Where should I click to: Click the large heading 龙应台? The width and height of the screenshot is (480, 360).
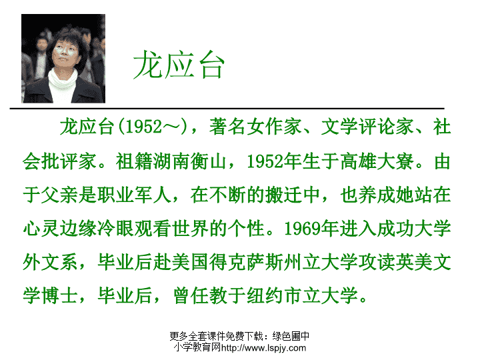coord(179,65)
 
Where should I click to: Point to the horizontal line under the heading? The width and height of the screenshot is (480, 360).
coord(227,109)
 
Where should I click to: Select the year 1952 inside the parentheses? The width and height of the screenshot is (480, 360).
coord(143,126)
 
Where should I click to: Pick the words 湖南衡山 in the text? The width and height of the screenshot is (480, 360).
coord(190,161)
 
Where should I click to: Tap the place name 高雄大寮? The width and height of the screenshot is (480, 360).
coord(377,161)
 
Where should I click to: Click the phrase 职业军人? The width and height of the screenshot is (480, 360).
coord(134,195)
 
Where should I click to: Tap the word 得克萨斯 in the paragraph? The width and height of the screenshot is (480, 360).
coord(246,262)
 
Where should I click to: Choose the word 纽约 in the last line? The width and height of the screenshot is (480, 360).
coord(265,295)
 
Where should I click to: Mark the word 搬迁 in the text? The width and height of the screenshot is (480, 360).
coord(283,195)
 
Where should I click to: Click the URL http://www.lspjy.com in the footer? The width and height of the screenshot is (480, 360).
coord(263,348)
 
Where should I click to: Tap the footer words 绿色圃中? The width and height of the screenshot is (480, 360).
coord(291,336)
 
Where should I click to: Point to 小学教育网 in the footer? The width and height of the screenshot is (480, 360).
coord(197,347)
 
